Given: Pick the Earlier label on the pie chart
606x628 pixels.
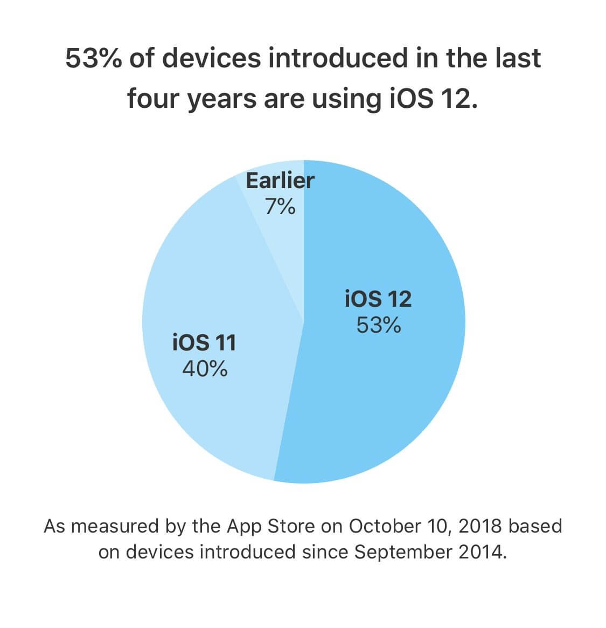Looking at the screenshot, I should click(x=280, y=181).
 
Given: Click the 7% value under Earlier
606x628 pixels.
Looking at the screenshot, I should click(x=280, y=206).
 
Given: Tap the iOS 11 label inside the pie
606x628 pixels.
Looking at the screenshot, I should click(x=204, y=343).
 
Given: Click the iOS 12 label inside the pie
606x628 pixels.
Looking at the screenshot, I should click(x=378, y=299).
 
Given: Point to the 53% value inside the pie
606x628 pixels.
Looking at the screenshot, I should click(x=378, y=325).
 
